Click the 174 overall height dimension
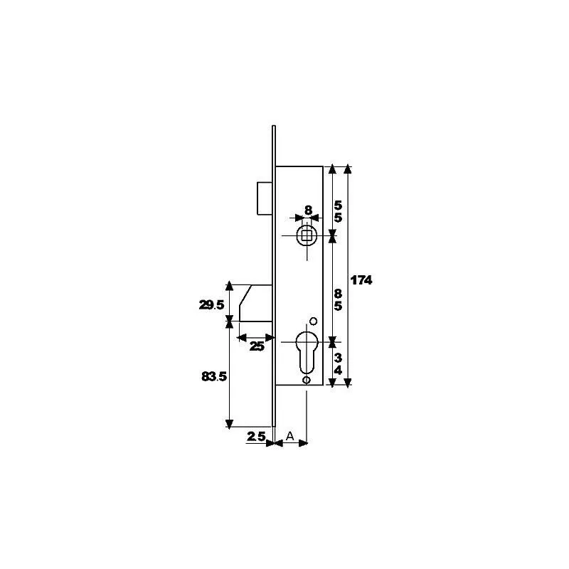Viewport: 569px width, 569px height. coord(361,280)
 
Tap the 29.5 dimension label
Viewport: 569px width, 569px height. coord(211,305)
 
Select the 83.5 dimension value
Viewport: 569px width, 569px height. coord(214,377)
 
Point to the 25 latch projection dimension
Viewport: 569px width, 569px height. coord(257,346)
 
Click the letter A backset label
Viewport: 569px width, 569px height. coord(289,436)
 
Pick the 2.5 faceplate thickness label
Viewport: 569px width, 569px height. coord(256,436)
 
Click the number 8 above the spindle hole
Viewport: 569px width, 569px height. coord(308,210)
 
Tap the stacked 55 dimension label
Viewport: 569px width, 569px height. coord(338,211)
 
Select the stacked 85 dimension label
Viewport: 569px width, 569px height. coord(338,299)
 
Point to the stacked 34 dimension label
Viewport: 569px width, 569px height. coord(338,364)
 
